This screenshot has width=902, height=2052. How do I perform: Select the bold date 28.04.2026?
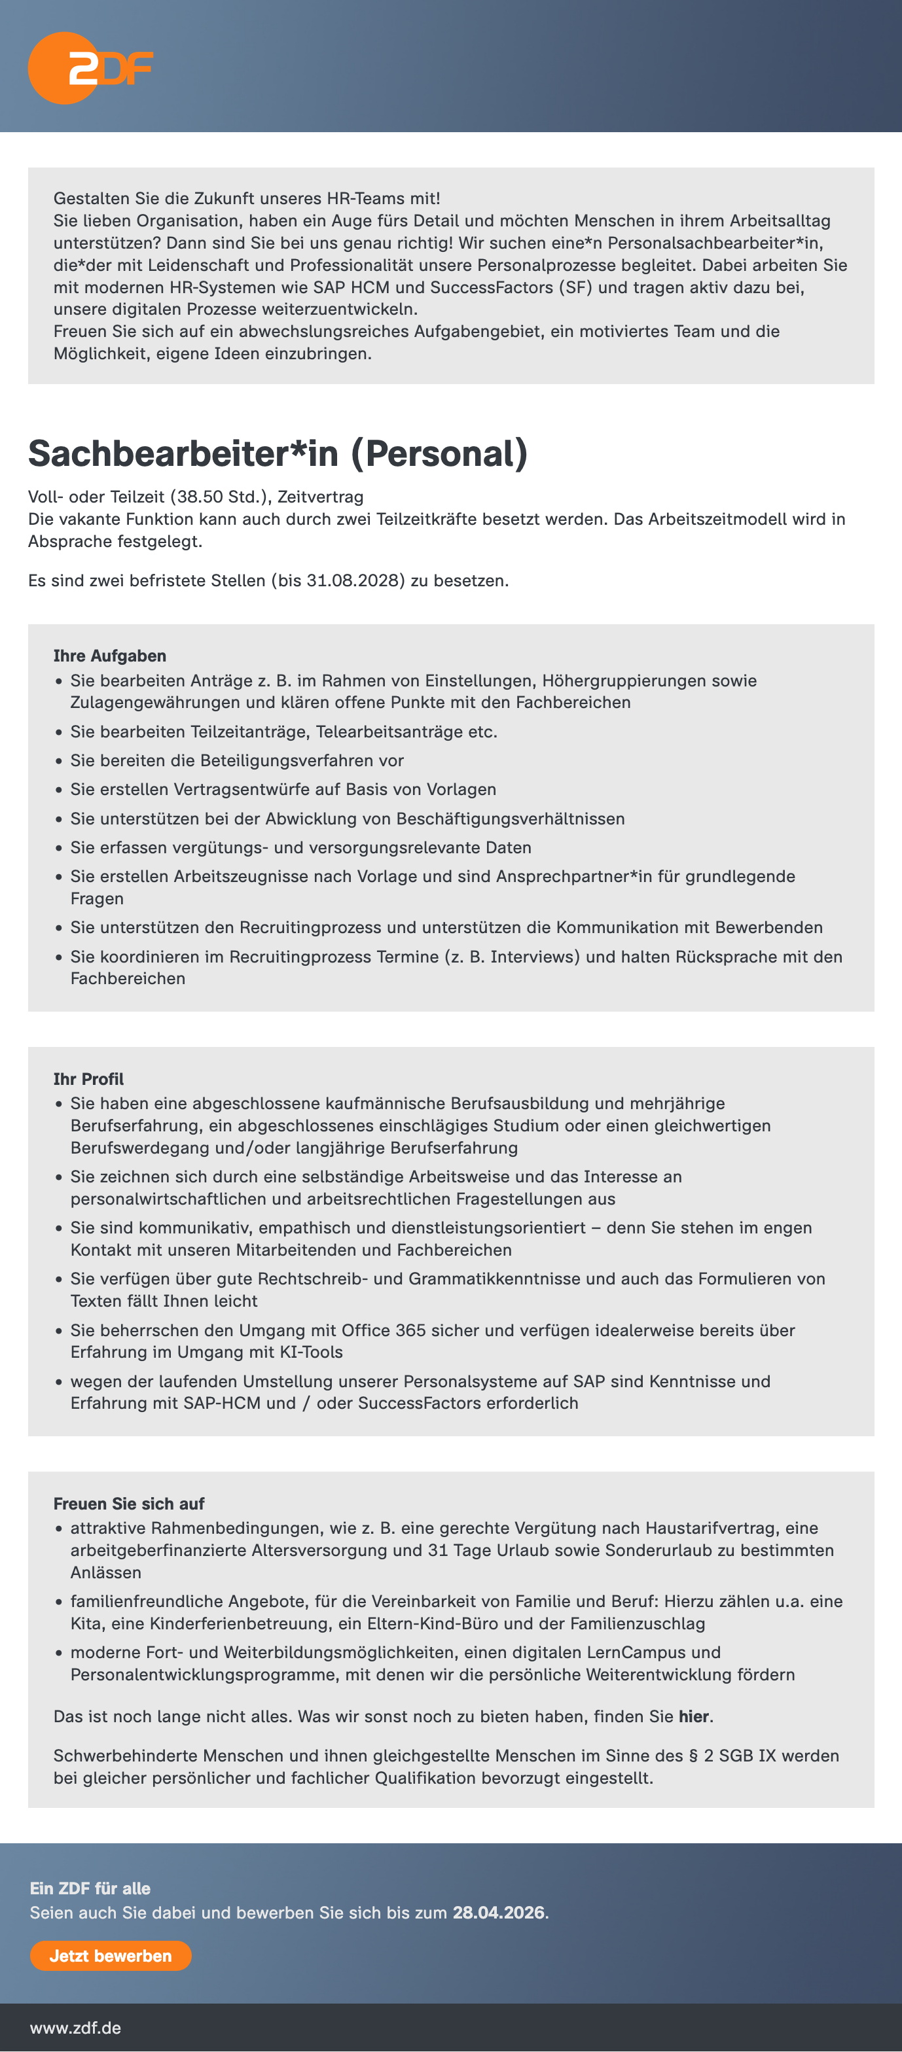point(498,1913)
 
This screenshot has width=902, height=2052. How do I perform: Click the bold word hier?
point(693,1716)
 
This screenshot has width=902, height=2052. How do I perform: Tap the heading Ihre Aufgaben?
point(109,656)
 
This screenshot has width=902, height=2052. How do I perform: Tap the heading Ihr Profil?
point(88,1078)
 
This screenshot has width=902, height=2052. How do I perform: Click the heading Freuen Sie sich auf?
point(128,1503)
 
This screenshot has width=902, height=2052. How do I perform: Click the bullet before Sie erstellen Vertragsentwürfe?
point(58,789)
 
